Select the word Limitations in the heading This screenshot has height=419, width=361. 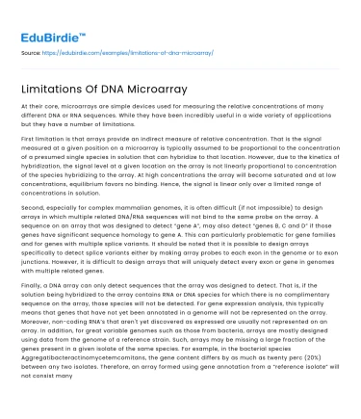pos(65,90)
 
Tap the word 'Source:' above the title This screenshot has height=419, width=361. pos(31,53)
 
